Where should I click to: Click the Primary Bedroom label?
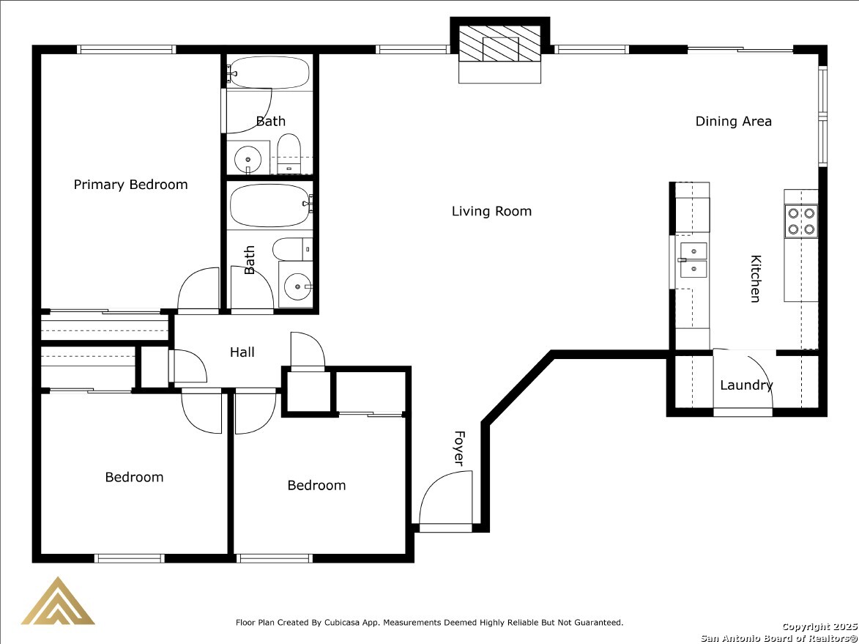[130, 185]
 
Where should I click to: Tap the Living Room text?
[491, 211]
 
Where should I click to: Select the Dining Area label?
[734, 121]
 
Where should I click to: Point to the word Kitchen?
[756, 278]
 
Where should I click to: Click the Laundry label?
[746, 385]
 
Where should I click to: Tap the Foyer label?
[459, 448]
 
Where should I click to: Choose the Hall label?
[242, 352]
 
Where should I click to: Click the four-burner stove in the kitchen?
[801, 221]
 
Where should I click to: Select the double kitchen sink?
[693, 260]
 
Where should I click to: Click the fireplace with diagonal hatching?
[499, 51]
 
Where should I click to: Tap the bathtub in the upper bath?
[269, 73]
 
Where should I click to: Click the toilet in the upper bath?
[289, 153]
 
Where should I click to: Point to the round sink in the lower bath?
[297, 286]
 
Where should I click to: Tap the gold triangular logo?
[58, 601]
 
